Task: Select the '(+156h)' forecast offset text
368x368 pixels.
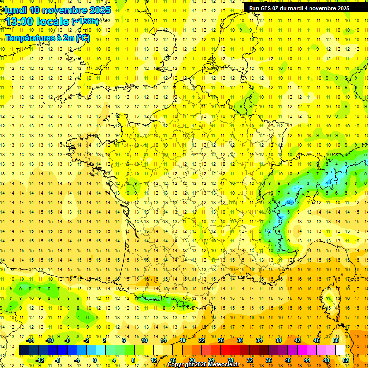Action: pos(85,22)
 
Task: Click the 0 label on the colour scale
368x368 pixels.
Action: pos(95,360)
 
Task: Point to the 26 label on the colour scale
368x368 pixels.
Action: pos(221,340)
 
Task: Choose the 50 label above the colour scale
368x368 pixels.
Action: pos(336,340)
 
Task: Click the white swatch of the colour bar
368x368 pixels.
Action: pos(341,350)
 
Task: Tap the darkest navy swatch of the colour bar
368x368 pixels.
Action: pos(24,350)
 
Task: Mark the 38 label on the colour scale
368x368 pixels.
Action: pos(278,340)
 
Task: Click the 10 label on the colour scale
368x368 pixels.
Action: pos(144,340)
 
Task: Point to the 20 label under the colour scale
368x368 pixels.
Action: pos(192,360)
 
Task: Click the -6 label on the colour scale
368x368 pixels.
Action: pos(68,340)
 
